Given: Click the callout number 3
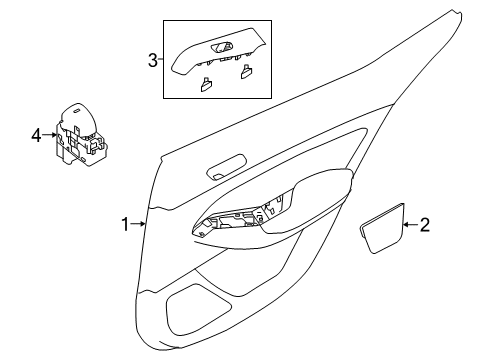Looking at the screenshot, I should pyautogui.click(x=153, y=60).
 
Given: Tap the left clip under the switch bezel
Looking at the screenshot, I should pyautogui.click(x=206, y=85).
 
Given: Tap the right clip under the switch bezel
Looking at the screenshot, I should pyautogui.click(x=246, y=71).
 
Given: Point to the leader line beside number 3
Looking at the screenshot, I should pyautogui.click(x=162, y=60).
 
